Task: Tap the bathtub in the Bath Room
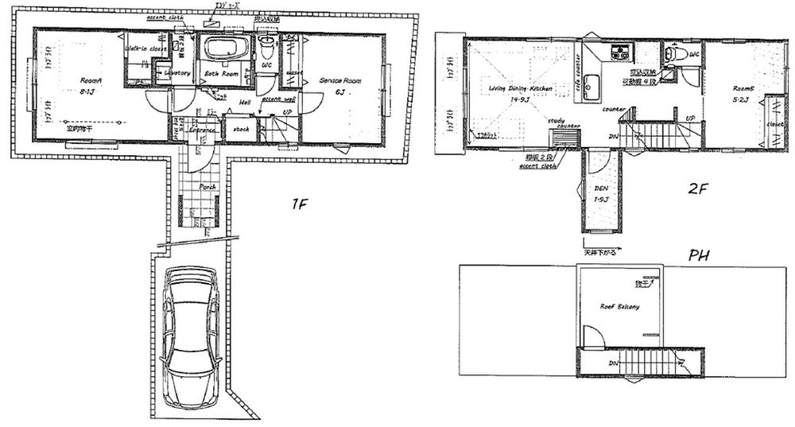click(225, 48)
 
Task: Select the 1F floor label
click(299, 204)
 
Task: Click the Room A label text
click(89, 80)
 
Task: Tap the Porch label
click(207, 187)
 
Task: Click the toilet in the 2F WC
click(677, 54)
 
